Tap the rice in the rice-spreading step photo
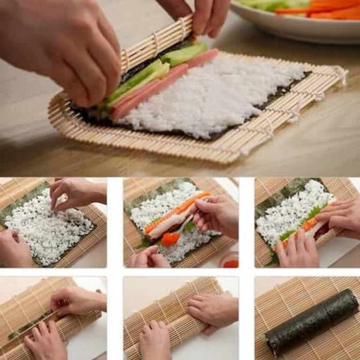48,230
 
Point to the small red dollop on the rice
170,239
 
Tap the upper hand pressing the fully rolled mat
212,308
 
